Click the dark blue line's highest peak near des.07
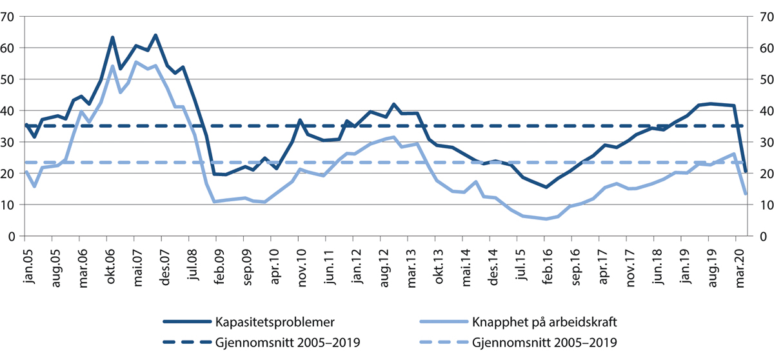pos(155,35)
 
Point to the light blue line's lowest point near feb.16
pos(546,219)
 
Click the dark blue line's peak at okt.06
pos(112,37)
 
